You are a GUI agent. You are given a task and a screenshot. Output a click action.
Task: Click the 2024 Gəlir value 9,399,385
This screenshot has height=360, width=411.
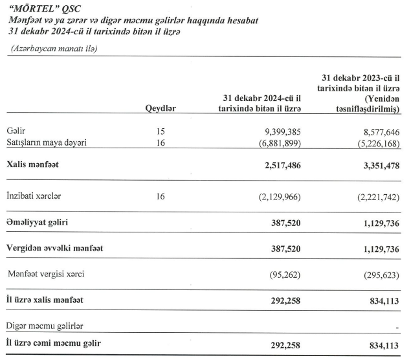[x=280, y=131]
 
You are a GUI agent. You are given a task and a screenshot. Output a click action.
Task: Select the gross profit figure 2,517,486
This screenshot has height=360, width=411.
[x=280, y=165]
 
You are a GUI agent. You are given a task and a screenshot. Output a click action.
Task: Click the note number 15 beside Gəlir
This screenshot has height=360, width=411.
[x=161, y=131]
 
